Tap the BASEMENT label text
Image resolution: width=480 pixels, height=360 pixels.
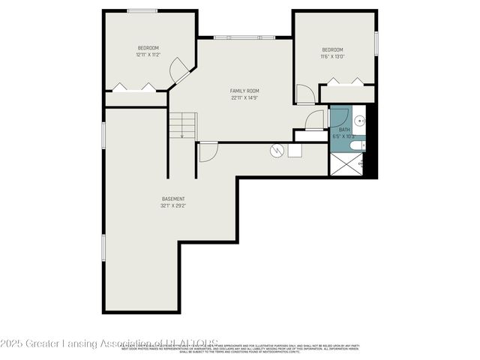tap(173, 199)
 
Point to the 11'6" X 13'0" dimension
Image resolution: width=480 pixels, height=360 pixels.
tap(332, 56)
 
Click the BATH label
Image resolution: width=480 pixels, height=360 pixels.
tap(344, 130)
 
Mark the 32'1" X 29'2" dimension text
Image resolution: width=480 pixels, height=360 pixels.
tap(173, 205)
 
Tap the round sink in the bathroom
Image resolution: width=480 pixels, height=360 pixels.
tap(358, 120)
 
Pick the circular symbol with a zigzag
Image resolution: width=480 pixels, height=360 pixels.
tap(277, 151)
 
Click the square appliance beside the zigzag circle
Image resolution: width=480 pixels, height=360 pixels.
tap(294, 150)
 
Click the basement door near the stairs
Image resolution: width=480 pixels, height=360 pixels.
tap(208, 150)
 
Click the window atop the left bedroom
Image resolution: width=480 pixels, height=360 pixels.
tap(142, 10)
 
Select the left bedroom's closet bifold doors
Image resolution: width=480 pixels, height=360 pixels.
tap(136, 87)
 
